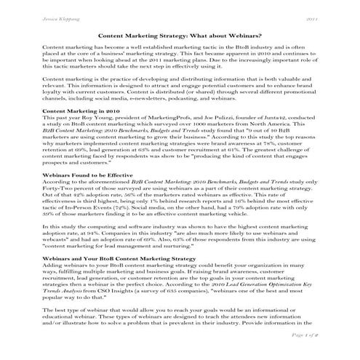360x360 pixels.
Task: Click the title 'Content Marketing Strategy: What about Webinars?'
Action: click(180, 36)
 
